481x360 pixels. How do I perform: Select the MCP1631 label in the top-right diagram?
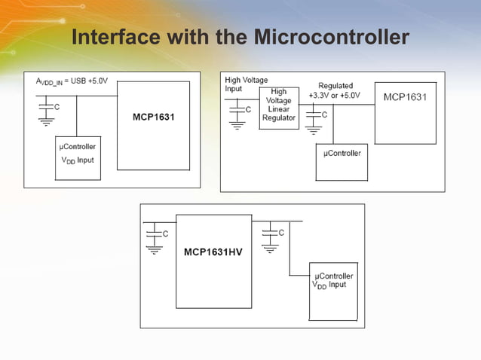point(405,97)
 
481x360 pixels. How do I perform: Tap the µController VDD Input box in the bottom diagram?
point(332,285)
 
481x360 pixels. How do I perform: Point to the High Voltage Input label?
point(245,84)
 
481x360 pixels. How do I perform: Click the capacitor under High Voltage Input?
point(237,112)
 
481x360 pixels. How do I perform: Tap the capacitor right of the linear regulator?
point(312,117)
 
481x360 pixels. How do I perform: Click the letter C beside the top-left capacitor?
point(57,108)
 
